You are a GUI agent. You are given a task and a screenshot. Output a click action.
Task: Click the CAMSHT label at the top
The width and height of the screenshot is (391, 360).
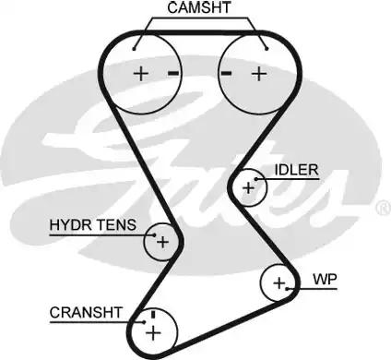tap(199, 8)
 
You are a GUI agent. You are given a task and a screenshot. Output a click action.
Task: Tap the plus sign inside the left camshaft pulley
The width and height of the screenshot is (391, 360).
tap(141, 73)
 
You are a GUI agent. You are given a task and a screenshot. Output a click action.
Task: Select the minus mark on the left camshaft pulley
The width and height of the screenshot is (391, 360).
tap(172, 72)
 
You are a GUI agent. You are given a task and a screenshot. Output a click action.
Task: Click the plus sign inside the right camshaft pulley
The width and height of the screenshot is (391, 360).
tap(259, 73)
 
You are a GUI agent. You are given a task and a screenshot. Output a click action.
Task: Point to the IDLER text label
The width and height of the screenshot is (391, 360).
tap(296, 170)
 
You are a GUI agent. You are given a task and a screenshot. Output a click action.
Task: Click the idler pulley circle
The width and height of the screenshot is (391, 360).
tap(247, 187)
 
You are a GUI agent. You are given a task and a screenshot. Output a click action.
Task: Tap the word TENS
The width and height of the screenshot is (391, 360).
tap(117, 225)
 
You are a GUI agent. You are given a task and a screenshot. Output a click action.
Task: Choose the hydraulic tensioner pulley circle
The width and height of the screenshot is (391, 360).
tap(161, 242)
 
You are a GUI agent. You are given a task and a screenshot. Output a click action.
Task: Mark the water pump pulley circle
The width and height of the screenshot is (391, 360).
tap(278, 282)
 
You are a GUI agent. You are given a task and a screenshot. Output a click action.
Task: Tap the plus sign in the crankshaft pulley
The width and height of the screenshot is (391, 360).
tap(153, 330)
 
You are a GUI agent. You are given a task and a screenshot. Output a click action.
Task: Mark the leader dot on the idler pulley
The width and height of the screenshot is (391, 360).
tap(256, 179)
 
